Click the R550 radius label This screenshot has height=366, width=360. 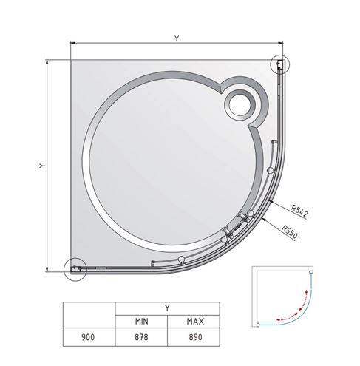[290, 232]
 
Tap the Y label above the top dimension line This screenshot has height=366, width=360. [177, 38]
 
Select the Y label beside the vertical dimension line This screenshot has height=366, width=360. [42, 166]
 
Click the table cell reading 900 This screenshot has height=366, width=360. [88, 337]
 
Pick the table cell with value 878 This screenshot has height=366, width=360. [141, 337]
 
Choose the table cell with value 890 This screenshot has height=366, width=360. [195, 337]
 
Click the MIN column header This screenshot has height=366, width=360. [142, 322]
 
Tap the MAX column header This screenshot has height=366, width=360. [195, 322]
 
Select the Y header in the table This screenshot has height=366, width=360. [167, 308]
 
